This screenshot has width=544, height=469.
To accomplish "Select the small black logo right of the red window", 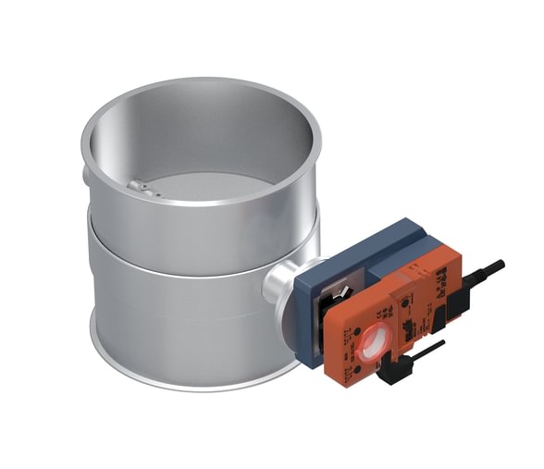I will pos(407,328).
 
